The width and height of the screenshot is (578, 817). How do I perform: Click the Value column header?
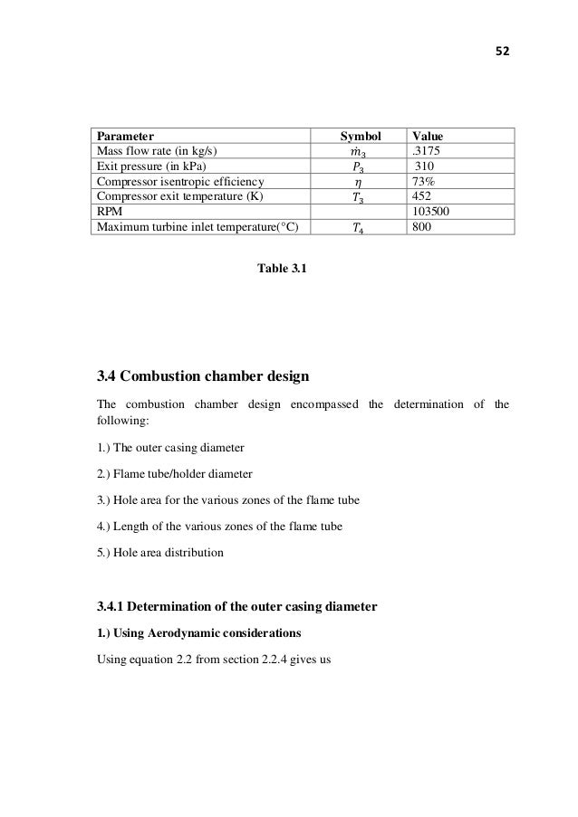click(430, 136)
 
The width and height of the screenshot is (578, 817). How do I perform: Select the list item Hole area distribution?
click(159, 551)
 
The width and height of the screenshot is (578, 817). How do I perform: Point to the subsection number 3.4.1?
click(114, 605)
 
